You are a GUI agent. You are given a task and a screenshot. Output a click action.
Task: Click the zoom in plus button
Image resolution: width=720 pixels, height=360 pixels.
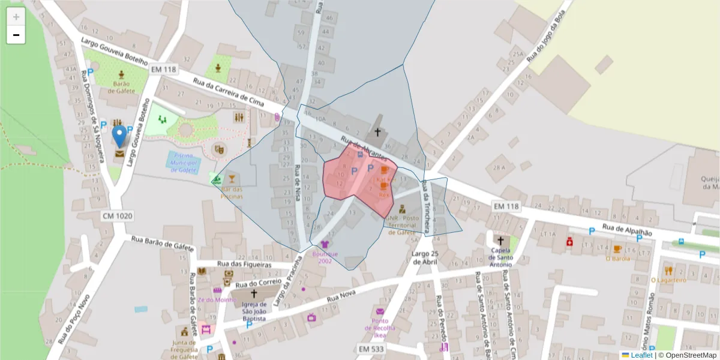[x=16, y=16]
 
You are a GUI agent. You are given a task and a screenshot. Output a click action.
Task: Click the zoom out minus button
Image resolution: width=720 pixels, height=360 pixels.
[x=16, y=35]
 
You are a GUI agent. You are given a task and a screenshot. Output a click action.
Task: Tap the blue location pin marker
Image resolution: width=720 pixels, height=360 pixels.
[x=120, y=136]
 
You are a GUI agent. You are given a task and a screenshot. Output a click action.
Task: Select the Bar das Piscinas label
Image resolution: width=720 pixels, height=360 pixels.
[x=232, y=193]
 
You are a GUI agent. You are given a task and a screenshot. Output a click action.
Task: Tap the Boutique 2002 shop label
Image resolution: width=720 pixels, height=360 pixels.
[x=325, y=257]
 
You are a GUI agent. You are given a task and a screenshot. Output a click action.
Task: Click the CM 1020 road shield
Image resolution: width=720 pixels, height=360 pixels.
[x=117, y=216]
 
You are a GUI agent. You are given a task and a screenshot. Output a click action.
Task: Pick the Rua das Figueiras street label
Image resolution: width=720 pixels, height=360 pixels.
[x=244, y=265]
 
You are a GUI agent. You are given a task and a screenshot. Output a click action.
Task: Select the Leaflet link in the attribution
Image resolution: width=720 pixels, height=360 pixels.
[x=641, y=355]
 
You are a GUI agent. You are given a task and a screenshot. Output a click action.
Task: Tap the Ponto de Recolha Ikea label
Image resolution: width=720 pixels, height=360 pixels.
[x=380, y=328]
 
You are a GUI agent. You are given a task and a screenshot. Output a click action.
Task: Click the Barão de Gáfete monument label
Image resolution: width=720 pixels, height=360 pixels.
[x=122, y=87]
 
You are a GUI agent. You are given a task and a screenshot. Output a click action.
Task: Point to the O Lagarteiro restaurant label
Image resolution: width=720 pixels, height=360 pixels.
[x=668, y=280]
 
